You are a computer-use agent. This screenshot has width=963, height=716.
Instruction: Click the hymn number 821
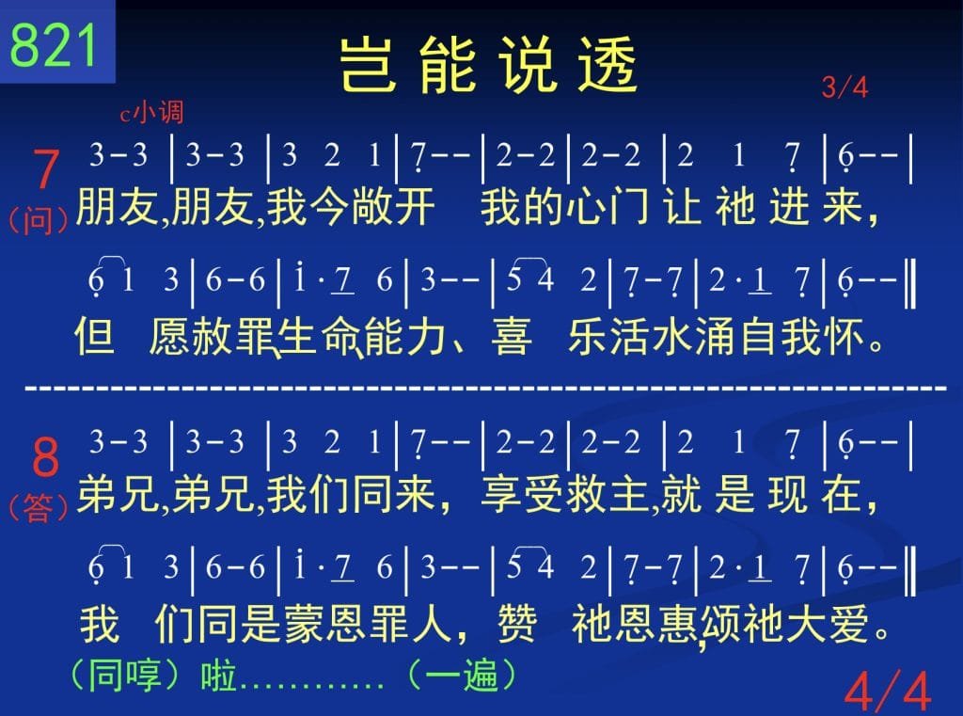(54, 45)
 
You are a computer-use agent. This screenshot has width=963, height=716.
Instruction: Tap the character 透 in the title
(608, 63)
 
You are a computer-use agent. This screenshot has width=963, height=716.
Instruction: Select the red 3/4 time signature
(845, 87)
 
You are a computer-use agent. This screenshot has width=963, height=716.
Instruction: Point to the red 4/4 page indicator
(888, 692)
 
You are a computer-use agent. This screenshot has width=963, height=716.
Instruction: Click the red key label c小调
(151, 113)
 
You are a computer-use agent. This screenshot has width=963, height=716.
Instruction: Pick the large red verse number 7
(45, 169)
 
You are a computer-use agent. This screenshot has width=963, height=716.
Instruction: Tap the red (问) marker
(38, 221)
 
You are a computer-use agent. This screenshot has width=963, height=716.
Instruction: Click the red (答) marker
(38, 508)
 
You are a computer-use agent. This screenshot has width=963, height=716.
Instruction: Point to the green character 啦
(218, 676)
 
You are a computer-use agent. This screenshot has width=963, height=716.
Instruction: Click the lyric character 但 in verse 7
(95, 336)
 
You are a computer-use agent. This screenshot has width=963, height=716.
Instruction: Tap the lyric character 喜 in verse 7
(511, 336)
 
